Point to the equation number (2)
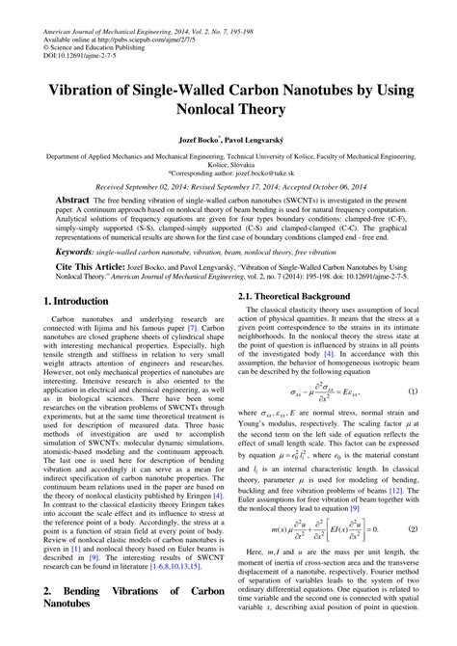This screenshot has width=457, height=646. [x=413, y=529]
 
